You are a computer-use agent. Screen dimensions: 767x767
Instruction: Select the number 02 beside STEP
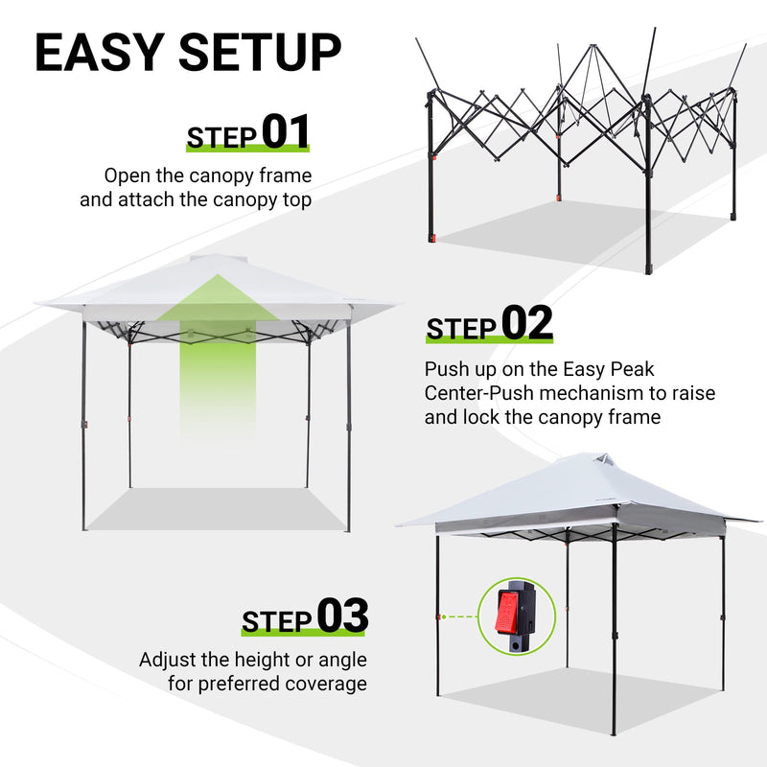pos(527,324)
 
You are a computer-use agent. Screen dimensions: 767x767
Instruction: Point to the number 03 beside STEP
pos(341,616)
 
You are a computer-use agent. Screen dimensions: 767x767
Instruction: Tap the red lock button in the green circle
pos(507,611)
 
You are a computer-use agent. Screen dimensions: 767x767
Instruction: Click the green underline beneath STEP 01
pos(247,151)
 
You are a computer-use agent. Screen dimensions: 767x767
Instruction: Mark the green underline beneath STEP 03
pos(304,635)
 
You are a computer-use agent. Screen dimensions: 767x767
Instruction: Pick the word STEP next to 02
pos(462,329)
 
